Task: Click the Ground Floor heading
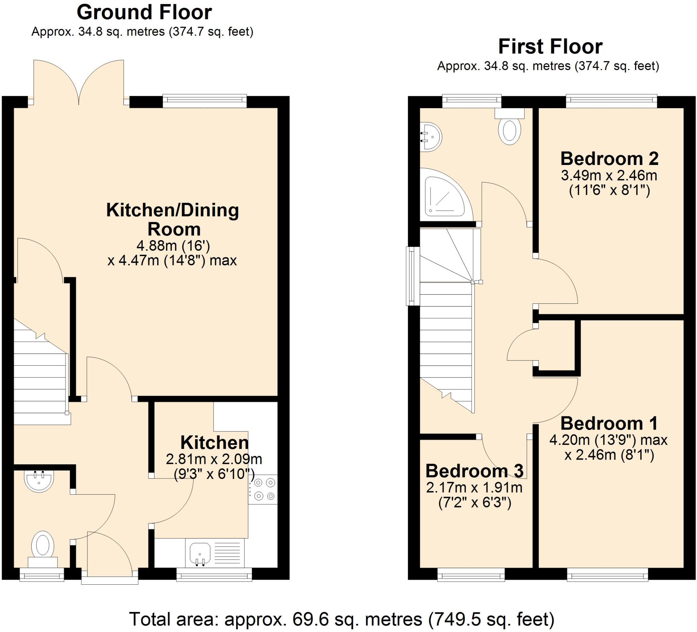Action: (144, 13)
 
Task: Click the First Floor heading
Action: (550, 47)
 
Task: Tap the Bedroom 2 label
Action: (609, 159)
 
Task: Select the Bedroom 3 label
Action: (474, 471)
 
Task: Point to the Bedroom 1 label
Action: (609, 423)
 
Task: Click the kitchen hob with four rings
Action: (263, 489)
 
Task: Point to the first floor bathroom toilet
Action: (509, 126)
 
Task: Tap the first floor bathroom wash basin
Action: (431, 137)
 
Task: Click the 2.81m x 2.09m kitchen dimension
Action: (214, 459)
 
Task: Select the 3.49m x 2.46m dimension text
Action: (609, 176)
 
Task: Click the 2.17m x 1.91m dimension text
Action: (474, 487)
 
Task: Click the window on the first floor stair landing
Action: (413, 276)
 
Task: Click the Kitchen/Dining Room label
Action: (173, 220)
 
